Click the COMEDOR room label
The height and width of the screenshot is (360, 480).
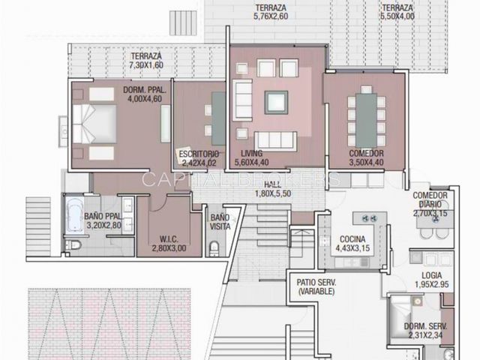click(366, 153)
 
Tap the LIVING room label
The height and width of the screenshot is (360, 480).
click(252, 153)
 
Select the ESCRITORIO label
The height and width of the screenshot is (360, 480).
click(199, 154)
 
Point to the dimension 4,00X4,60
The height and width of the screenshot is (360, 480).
click(145, 99)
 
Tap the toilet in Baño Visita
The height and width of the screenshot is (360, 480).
click(214, 248)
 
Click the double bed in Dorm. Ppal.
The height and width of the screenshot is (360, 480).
click(94, 124)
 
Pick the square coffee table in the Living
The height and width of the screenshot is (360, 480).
click(276, 103)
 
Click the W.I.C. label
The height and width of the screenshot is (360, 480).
click(169, 239)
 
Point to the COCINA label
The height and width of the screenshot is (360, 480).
click(352, 239)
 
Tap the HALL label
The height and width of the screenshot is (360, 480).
click(273, 184)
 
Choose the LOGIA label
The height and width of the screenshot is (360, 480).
click(432, 275)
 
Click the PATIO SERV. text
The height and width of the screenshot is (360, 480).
click(316, 282)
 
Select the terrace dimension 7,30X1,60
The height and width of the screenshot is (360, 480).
click(146, 65)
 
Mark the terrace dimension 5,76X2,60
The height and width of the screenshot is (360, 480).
click(271, 16)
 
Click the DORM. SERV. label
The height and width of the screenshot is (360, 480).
click(425, 326)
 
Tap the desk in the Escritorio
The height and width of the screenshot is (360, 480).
click(218, 119)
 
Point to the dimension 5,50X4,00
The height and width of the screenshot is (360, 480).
click(397, 16)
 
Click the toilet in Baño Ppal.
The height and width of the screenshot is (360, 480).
click(73, 245)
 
